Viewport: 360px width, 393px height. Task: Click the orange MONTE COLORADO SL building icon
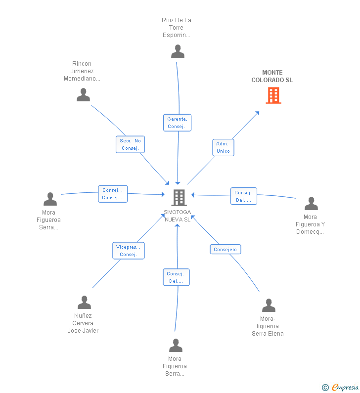[273, 95]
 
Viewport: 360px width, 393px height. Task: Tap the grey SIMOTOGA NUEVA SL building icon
[179, 198]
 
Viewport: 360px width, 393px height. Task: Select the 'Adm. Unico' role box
[223, 147]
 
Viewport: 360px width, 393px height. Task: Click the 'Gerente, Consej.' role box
[177, 123]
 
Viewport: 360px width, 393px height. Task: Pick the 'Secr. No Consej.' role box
[130, 144]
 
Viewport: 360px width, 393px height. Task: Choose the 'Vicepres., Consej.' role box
[129, 251]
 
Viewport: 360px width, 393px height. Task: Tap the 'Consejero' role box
[225, 249]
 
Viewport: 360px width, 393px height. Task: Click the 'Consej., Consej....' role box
[113, 194]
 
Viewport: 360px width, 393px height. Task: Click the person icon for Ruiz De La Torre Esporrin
[178, 51]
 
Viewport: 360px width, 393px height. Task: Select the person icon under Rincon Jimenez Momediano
[83, 95]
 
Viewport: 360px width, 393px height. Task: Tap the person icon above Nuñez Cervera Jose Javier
[84, 302]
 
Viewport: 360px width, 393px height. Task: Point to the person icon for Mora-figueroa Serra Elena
[269, 306]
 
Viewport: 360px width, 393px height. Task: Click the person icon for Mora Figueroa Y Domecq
[311, 204]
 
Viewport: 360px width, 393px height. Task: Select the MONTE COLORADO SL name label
[272, 76]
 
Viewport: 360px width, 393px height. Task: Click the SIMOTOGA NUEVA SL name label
[178, 216]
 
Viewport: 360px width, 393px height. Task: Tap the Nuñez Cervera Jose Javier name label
[83, 323]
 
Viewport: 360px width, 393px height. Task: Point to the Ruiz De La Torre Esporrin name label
[176, 28]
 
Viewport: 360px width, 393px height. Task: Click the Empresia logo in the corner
[340, 388]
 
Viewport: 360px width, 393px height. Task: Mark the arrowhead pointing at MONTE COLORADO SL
[257, 113]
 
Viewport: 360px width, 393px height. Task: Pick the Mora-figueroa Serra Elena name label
[268, 326]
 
